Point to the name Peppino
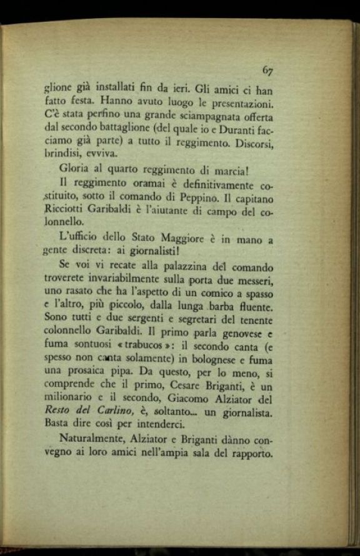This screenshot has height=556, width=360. pyautogui.click(x=186, y=198)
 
